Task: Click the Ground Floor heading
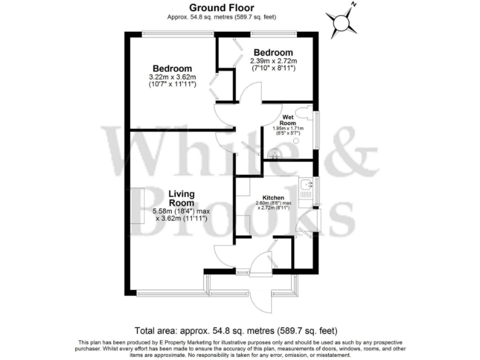pyautogui.click(x=221, y=7)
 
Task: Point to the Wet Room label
pyautogui.click(x=287, y=120)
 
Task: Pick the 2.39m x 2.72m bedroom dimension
pyautogui.click(x=273, y=61)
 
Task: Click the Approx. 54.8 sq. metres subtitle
pyautogui.click(x=221, y=17)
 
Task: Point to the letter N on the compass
pyautogui.click(x=353, y=5)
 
